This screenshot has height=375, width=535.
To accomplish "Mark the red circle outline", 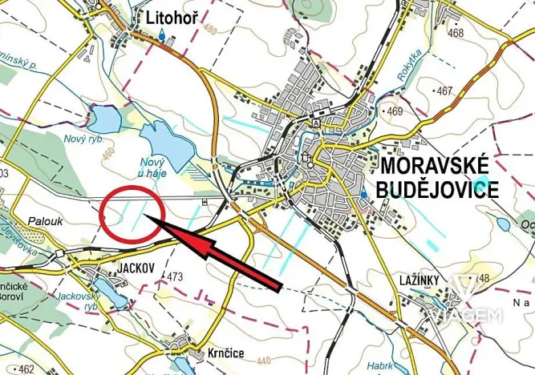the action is pyautogui.click(x=99, y=213).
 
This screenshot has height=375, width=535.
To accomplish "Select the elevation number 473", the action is pyautogui.click(x=176, y=277).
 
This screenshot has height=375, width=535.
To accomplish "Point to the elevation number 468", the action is pyautogui.click(x=456, y=33).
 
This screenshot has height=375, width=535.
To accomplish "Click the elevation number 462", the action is pyautogui.click(x=26, y=369).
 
